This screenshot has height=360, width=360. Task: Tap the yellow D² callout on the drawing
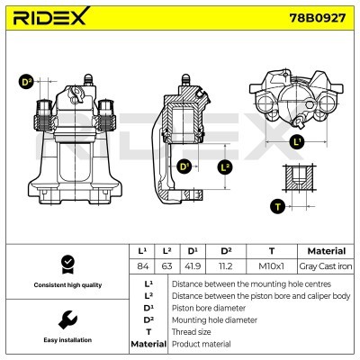point(25,83)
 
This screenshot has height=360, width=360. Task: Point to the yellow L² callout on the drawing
point(225,166)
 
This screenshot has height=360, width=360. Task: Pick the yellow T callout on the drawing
point(276,206)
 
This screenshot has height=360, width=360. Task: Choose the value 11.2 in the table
point(227,266)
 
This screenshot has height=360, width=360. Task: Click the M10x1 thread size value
point(272,266)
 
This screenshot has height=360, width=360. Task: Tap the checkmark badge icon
point(66,262)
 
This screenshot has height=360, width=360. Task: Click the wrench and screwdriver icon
point(66,320)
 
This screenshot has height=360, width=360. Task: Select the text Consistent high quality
point(66,284)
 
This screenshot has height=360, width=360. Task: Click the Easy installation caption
point(66,340)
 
